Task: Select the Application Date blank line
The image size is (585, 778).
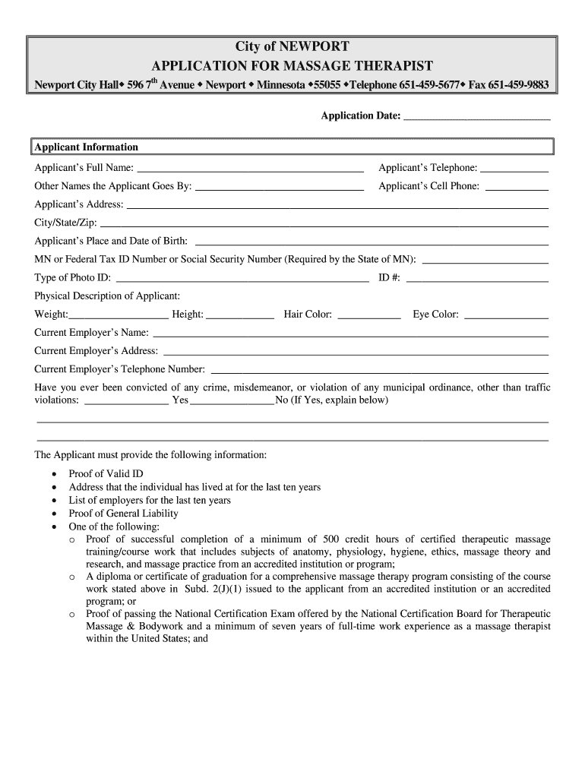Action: click(476, 116)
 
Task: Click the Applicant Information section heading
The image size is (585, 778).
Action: click(86, 147)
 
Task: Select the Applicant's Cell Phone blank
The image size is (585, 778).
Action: click(517, 187)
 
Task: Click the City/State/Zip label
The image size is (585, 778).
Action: click(65, 223)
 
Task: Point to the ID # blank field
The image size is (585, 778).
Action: click(477, 279)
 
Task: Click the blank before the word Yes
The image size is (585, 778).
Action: click(126, 401)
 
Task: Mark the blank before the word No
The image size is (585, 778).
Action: click(232, 401)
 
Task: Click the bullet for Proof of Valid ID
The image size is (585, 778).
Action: click(53, 473)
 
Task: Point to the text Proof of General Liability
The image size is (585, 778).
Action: click(123, 514)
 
